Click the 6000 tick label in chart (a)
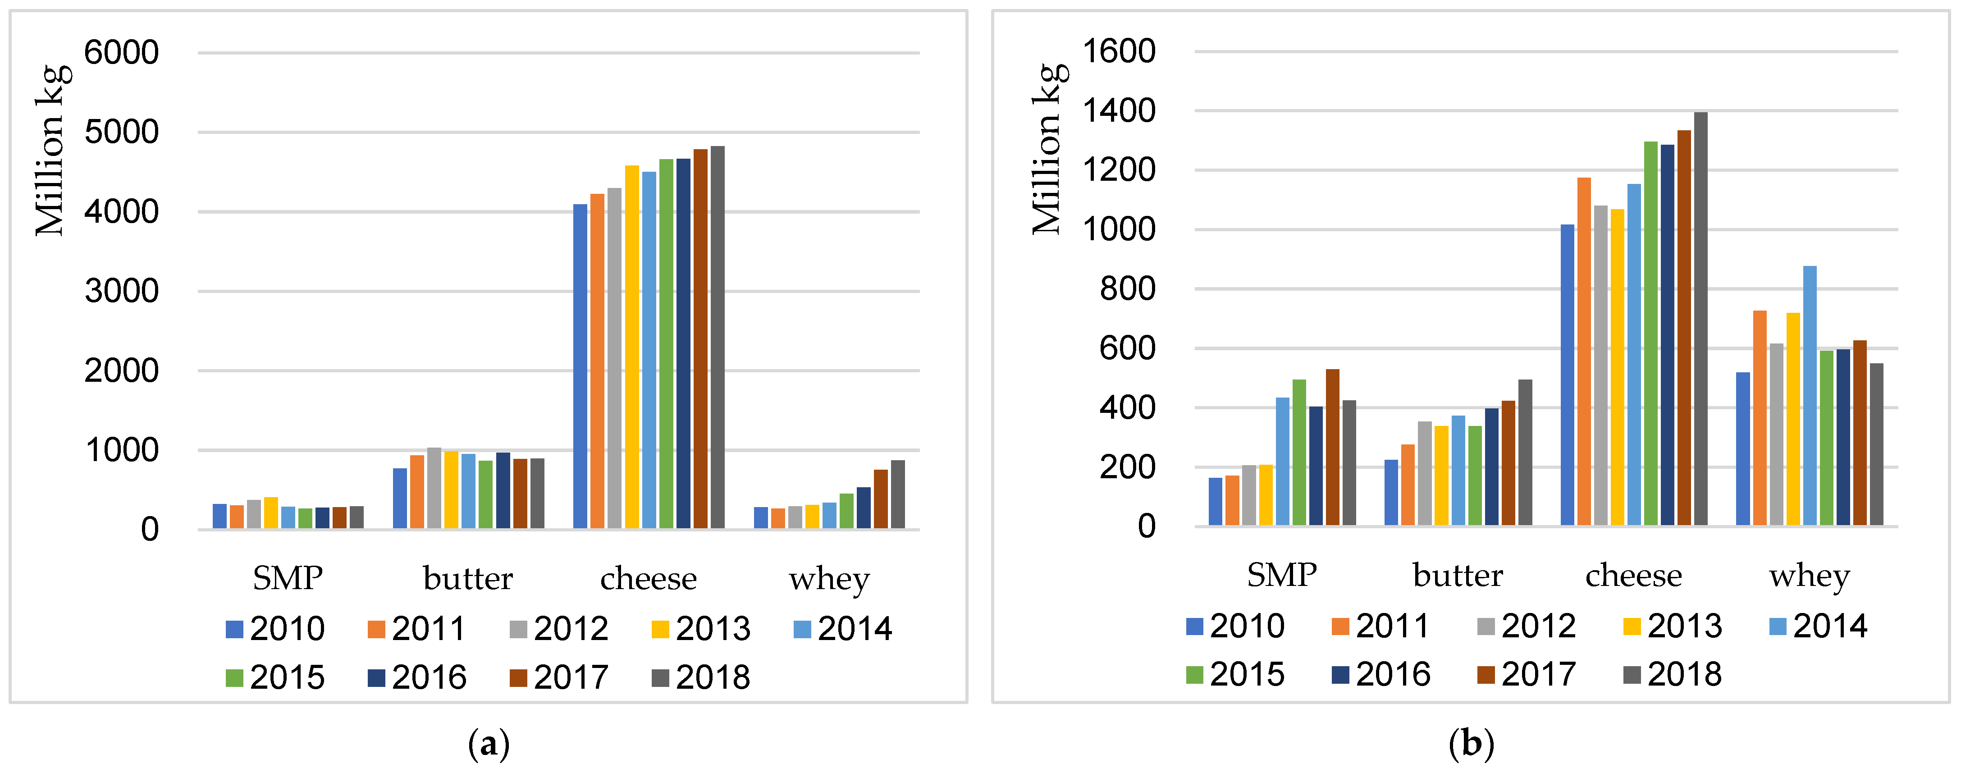point(121,53)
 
